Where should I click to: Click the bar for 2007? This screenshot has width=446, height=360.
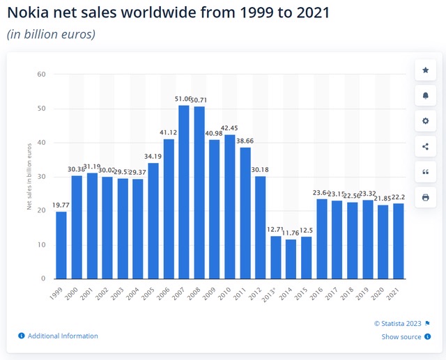[x=184, y=192]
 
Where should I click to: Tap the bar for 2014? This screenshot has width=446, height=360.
[x=291, y=259]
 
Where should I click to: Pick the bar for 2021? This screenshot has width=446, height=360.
[x=399, y=241]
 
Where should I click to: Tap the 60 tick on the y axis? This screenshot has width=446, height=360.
[x=41, y=75]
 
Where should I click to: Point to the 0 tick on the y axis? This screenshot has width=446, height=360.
[x=43, y=279]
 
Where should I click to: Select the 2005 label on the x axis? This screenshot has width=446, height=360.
[x=151, y=292]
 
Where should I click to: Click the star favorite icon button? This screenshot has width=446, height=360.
[x=426, y=70]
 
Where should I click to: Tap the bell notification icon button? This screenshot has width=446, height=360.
[x=426, y=95]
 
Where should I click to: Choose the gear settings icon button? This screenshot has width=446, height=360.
[x=426, y=120]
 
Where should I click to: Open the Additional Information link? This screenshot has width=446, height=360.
[x=63, y=336]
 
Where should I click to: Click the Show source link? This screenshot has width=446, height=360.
[x=401, y=337]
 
